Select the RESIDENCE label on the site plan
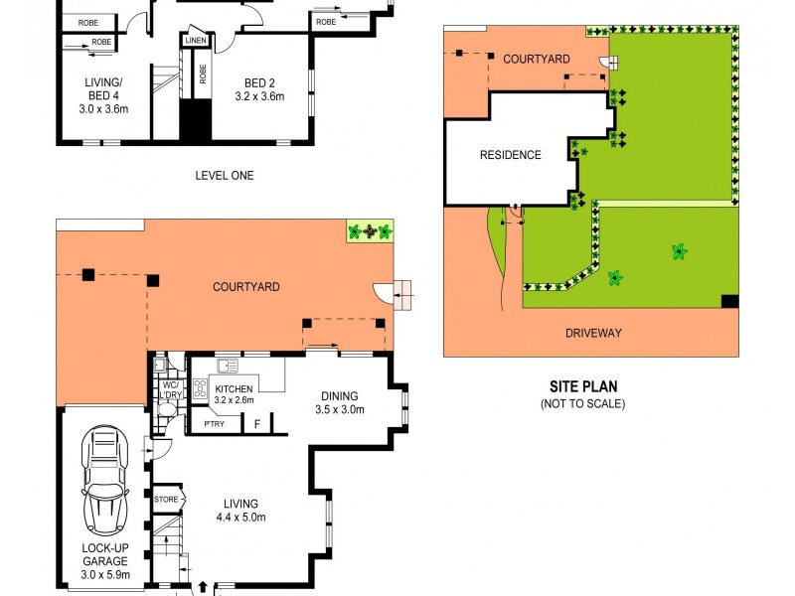tap(511, 155)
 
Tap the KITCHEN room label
tap(234, 388)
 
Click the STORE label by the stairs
tap(166, 499)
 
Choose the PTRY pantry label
tap(214, 424)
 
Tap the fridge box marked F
tap(257, 424)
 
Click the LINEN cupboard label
tap(195, 40)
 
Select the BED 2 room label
tap(262, 89)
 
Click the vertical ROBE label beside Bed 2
tap(202, 74)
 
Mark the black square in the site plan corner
tap(729, 302)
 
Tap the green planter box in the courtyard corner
tap(370, 231)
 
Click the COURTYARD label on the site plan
tap(536, 60)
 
